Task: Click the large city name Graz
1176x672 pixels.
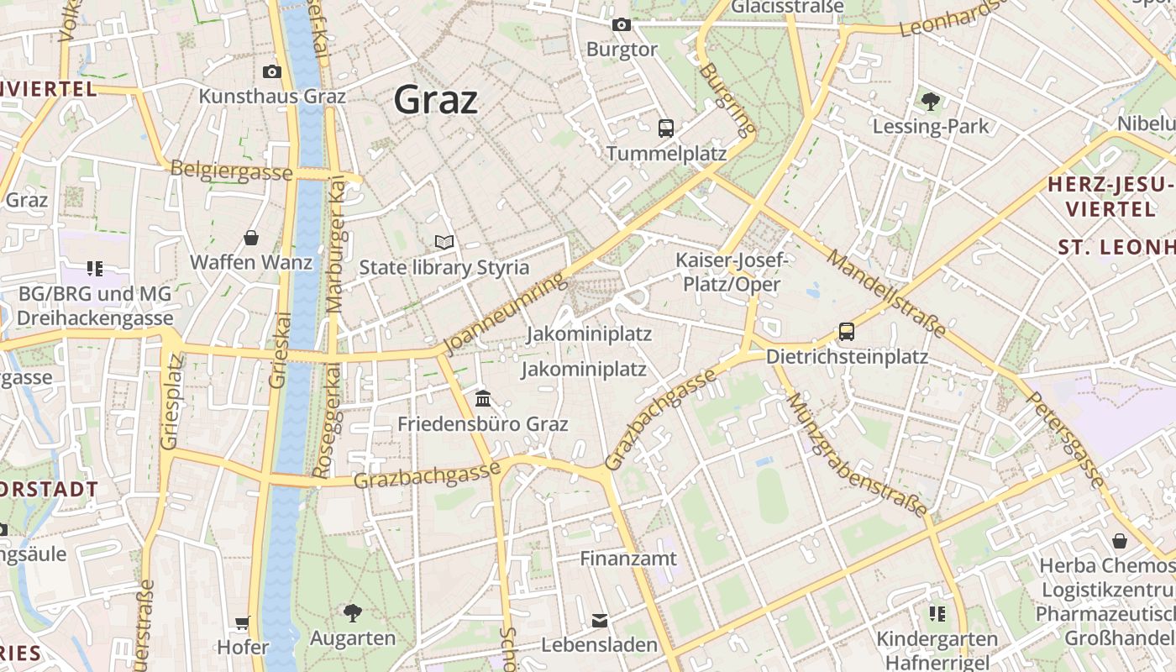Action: click(x=436, y=100)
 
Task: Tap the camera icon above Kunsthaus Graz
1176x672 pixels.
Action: click(x=271, y=72)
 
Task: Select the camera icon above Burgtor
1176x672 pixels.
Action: click(x=622, y=25)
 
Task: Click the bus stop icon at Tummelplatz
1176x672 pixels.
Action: click(x=666, y=129)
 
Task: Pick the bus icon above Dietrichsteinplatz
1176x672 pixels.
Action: click(x=847, y=332)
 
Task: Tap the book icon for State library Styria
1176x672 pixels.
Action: click(x=444, y=243)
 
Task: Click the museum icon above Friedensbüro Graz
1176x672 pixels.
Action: click(x=483, y=398)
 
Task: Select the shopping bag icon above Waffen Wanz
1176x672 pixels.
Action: click(x=250, y=238)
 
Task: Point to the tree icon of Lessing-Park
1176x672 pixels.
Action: click(x=930, y=102)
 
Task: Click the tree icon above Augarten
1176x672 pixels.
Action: click(x=353, y=613)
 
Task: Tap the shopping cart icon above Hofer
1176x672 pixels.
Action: click(x=243, y=622)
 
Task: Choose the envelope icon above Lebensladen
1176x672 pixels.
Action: click(x=599, y=621)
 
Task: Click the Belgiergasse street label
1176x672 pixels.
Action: click(x=231, y=171)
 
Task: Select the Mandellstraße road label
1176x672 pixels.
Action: click(x=886, y=292)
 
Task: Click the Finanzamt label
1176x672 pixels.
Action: click(x=628, y=559)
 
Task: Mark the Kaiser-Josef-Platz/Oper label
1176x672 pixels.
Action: click(x=731, y=272)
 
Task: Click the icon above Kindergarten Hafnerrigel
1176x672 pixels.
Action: click(x=937, y=614)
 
